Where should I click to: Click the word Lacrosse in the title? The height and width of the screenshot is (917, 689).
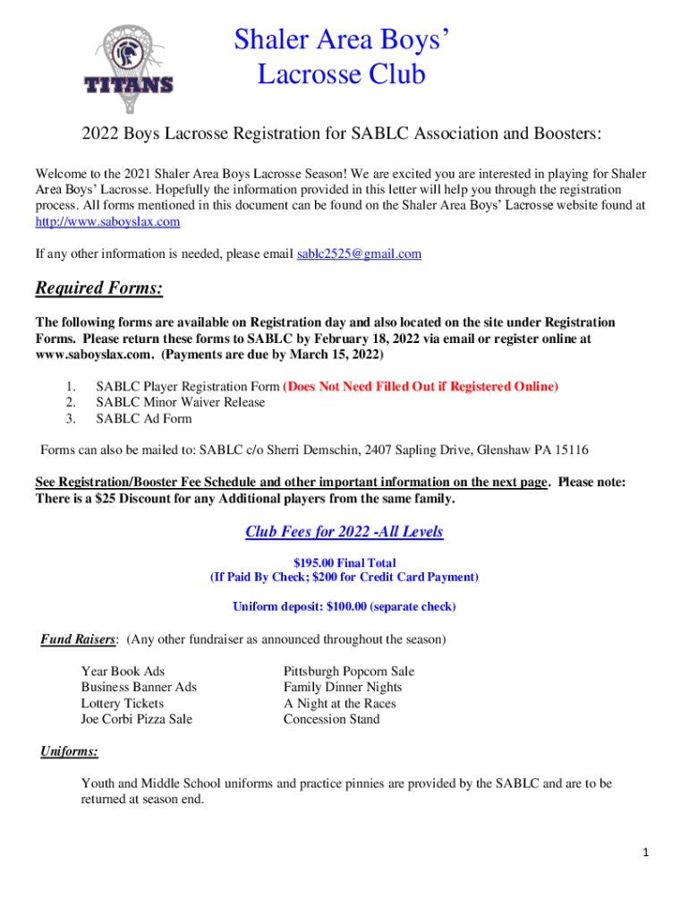(x=310, y=74)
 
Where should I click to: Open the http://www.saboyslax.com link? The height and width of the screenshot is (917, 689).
(x=107, y=221)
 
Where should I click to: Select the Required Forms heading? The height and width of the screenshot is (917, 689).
(x=98, y=288)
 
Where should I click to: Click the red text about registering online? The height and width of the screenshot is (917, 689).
(x=421, y=387)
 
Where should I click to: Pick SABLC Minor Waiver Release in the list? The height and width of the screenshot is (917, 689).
(x=181, y=402)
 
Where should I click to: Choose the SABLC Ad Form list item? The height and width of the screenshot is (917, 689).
(x=144, y=418)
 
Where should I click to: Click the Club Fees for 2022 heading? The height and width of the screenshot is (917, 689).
(x=344, y=532)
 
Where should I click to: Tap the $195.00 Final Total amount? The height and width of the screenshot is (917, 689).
(x=344, y=562)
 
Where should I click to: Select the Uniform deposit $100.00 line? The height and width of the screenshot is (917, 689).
(x=344, y=607)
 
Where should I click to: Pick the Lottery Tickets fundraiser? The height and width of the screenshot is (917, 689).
(x=123, y=704)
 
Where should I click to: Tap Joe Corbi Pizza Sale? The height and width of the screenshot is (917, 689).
(x=137, y=719)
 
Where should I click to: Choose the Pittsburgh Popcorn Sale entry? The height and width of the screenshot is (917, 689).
(x=349, y=672)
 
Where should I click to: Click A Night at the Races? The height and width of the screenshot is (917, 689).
(x=340, y=704)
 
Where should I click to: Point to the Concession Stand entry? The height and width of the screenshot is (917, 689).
(x=332, y=719)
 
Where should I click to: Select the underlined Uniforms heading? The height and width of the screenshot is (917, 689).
(x=69, y=751)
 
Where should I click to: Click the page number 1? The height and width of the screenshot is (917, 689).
(x=645, y=853)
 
